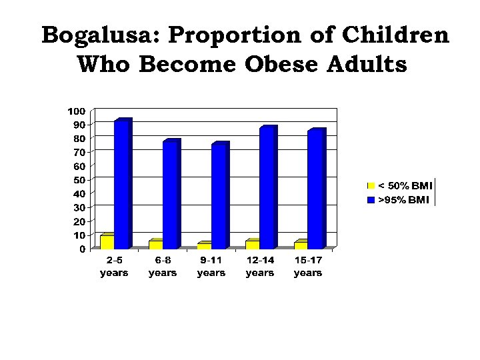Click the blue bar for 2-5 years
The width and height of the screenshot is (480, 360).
(x=122, y=185)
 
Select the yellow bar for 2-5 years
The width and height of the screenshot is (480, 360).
(x=107, y=241)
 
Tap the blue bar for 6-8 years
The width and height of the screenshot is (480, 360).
(x=171, y=195)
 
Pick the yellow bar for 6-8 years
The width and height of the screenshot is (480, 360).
(x=155, y=244)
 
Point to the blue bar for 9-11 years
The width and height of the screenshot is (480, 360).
(x=219, y=196)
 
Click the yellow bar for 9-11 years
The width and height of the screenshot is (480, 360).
(x=204, y=245)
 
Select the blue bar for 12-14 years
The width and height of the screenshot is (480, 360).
(x=267, y=188)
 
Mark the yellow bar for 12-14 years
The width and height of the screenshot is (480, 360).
(x=252, y=244)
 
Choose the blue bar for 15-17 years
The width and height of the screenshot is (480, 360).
(x=316, y=189)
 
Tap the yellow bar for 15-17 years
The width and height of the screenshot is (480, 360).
(x=301, y=245)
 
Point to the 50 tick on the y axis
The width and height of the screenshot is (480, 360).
(x=79, y=180)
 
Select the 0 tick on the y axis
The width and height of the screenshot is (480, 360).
(x=82, y=249)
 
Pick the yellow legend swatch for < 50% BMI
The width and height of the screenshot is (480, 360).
(x=371, y=185)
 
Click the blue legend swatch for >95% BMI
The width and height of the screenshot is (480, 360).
(x=371, y=199)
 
